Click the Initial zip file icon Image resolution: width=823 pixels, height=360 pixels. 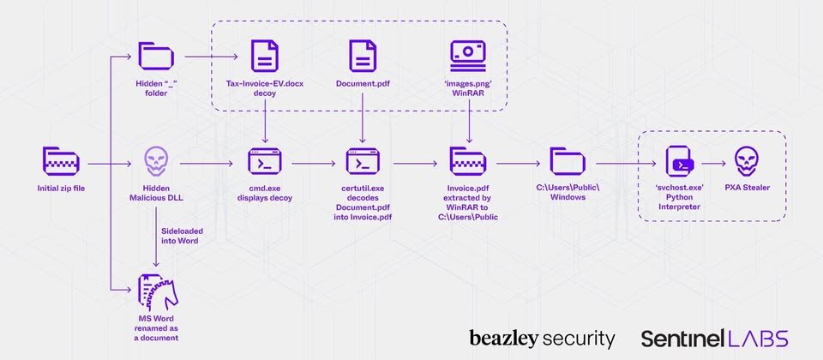60,161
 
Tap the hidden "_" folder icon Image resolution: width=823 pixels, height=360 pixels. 155,57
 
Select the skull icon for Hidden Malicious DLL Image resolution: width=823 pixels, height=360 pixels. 155,161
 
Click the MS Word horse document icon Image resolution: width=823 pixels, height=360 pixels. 155,291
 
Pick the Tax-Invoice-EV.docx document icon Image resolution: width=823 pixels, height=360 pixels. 265,57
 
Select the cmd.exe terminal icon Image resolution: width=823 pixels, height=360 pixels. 265,161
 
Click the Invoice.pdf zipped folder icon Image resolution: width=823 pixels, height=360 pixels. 468,161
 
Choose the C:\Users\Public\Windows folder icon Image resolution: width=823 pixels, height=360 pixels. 567,161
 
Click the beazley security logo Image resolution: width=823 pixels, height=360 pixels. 542,338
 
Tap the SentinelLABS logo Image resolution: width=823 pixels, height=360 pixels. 714,338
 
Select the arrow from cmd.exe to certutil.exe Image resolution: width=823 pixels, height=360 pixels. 314,162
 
